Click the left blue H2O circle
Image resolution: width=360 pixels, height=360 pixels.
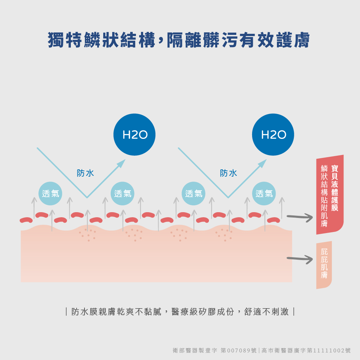tap(135, 135)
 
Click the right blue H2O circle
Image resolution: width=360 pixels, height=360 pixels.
tap(273, 135)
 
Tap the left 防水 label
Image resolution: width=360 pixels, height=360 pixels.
tap(86, 173)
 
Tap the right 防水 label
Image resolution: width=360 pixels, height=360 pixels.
tap(229, 173)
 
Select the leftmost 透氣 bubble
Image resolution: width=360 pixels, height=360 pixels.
tap(50, 193)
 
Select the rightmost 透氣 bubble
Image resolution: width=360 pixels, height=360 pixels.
tap(264, 193)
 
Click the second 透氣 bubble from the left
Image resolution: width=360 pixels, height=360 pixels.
tap(123, 193)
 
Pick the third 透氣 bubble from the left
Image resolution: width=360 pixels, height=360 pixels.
tap(194, 193)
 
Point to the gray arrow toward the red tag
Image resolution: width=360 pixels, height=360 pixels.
tap(300, 217)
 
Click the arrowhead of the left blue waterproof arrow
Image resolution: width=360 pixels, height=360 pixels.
tap(122, 163)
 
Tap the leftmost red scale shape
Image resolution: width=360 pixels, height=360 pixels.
tap(26, 220)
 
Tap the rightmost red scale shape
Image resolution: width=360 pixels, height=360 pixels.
tap(273, 220)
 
